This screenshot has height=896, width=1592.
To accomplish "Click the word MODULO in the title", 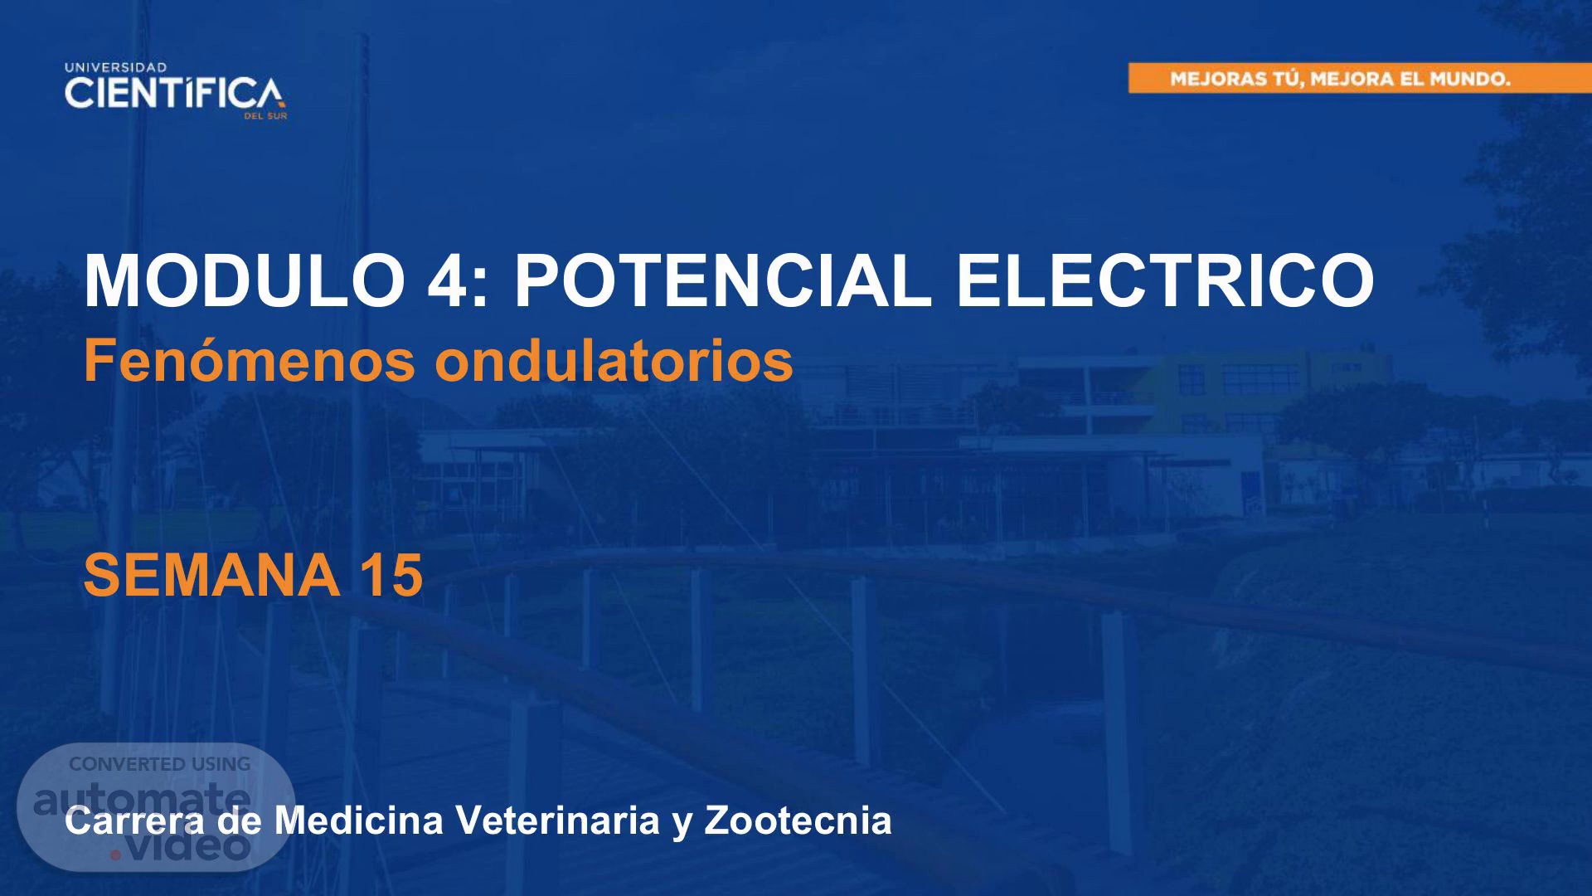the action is pos(243,280).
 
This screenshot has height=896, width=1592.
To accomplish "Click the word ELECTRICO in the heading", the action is pos(1165,280).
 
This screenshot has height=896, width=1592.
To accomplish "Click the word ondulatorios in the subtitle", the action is pos(614,361).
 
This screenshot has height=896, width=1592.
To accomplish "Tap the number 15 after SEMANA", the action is pos(392,575).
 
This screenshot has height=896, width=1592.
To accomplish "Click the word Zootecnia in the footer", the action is pos(798,821).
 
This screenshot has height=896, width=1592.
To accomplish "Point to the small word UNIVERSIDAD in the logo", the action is pos(115,67).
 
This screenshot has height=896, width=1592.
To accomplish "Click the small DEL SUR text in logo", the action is pos(265,116).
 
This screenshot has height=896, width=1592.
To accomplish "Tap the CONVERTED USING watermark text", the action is pos(159,764).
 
